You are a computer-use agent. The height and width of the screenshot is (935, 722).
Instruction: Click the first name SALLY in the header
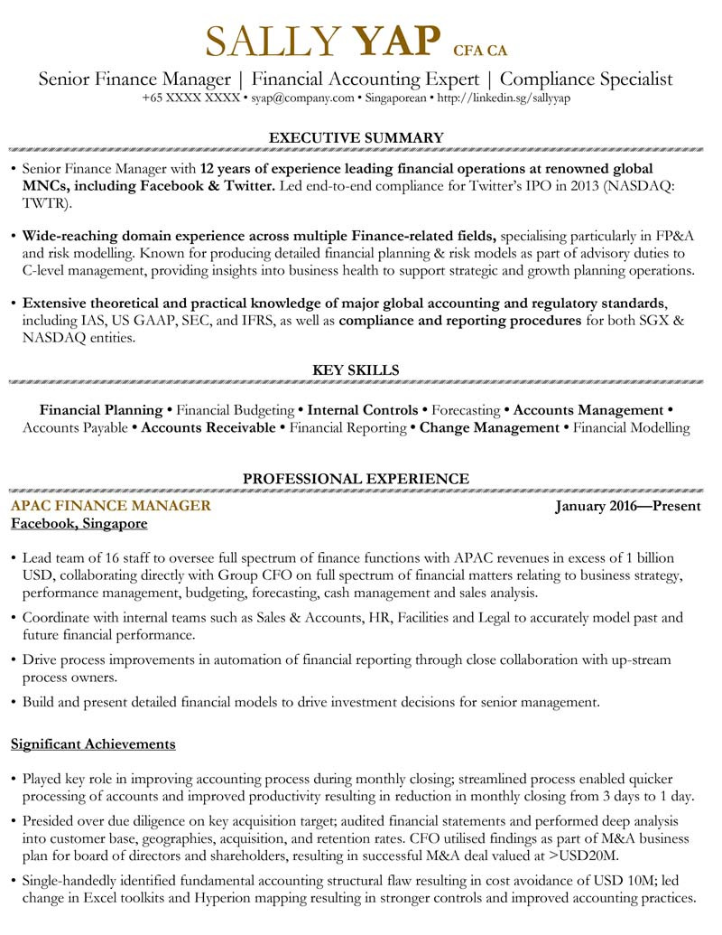(x=273, y=41)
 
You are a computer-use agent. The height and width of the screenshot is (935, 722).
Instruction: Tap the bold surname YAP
(x=396, y=41)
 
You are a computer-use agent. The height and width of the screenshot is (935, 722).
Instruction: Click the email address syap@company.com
(x=302, y=98)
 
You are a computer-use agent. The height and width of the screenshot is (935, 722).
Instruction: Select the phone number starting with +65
(x=190, y=98)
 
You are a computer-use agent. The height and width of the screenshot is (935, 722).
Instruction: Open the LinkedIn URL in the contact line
(x=504, y=98)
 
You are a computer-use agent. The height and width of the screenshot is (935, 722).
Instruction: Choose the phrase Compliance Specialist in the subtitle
(x=587, y=79)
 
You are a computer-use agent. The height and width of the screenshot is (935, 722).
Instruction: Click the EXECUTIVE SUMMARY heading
(x=356, y=137)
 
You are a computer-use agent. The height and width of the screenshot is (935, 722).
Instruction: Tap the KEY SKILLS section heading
(x=356, y=369)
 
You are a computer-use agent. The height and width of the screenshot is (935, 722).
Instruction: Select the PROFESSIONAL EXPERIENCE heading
(x=356, y=478)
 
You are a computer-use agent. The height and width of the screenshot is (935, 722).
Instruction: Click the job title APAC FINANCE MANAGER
(x=110, y=505)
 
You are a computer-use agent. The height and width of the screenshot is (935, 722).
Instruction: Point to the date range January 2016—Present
(x=628, y=506)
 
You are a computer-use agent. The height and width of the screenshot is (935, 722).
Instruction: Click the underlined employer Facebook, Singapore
(x=79, y=524)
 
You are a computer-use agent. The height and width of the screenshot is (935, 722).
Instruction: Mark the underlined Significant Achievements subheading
(x=93, y=744)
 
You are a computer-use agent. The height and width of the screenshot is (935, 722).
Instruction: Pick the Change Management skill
(x=489, y=427)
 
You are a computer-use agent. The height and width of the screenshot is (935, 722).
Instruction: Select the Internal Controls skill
(x=363, y=409)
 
